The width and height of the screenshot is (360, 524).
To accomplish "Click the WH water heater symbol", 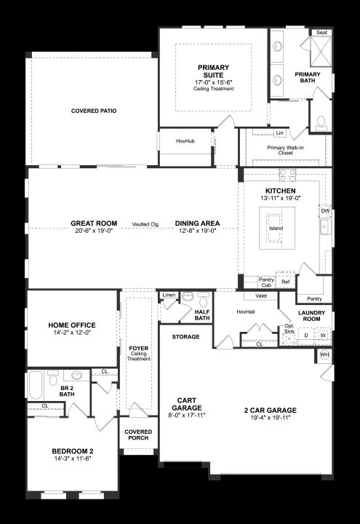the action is click(324, 354).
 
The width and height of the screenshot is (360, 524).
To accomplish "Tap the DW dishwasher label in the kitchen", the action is click(325, 211).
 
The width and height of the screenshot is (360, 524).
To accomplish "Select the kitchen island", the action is click(277, 228).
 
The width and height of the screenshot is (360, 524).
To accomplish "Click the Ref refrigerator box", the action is click(286, 282).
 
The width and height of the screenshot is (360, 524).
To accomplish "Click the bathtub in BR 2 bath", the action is click(36, 385).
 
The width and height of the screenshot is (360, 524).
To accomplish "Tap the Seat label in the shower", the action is click(321, 33).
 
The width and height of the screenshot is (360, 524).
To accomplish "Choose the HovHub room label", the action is click(185, 141).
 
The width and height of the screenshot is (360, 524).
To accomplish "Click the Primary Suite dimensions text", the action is click(213, 82).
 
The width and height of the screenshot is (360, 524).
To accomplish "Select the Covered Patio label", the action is click(94, 111).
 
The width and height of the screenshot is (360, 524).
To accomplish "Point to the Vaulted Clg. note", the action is click(145, 224).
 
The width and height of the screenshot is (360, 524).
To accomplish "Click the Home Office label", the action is click(72, 325).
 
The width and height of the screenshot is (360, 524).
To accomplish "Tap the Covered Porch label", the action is click(138, 434).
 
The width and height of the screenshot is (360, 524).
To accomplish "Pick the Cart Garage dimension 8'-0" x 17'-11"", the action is click(187, 415).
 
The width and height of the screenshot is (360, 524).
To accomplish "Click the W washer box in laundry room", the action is click(323, 336).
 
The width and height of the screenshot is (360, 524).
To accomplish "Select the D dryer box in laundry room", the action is click(306, 336).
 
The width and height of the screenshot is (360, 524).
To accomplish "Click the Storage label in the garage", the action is click(185, 337).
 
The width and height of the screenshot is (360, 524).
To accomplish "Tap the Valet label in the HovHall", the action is click(261, 295).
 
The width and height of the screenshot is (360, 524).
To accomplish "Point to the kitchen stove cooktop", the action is click(287, 175).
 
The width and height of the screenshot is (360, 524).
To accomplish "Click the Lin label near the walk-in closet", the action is click(280, 132).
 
